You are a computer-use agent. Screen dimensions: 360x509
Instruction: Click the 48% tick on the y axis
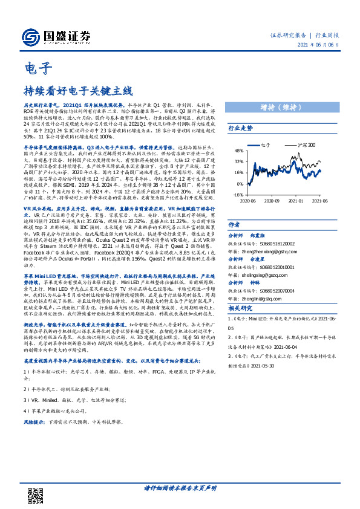(x=239, y=151)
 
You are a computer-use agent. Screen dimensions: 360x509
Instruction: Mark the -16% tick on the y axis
(x=238, y=194)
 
